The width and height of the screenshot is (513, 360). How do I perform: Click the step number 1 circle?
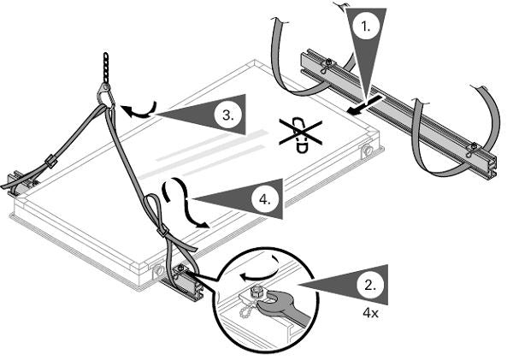point(366,27)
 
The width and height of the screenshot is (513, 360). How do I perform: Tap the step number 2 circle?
point(370,286)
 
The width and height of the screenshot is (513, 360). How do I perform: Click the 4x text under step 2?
point(370,313)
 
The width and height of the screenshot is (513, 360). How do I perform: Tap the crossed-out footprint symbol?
point(300,134)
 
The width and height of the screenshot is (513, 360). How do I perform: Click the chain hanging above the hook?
point(106,68)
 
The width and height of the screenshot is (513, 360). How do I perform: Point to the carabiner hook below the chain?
point(105,95)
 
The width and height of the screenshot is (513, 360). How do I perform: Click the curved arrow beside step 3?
point(139,110)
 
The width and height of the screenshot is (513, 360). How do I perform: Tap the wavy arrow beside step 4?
point(184,203)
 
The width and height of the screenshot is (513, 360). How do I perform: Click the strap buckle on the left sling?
point(51,161)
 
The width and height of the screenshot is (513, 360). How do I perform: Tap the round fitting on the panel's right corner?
point(367,150)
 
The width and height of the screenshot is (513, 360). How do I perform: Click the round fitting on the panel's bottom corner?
point(159,270)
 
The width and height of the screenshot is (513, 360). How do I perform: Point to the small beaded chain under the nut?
point(245,309)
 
